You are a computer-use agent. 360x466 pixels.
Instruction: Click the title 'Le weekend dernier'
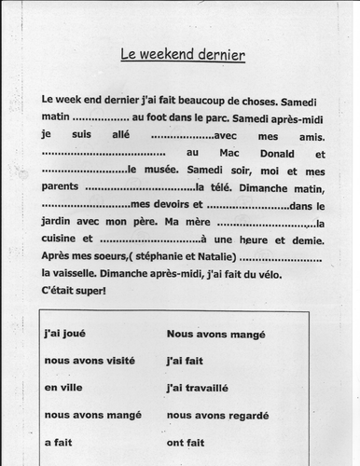click(x=183, y=55)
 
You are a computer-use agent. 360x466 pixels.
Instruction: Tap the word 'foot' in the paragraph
click(x=163, y=117)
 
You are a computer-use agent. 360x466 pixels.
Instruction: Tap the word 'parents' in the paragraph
click(x=62, y=188)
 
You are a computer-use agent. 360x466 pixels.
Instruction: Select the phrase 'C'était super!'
click(x=75, y=292)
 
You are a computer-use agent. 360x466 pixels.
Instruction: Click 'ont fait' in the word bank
click(x=186, y=440)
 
